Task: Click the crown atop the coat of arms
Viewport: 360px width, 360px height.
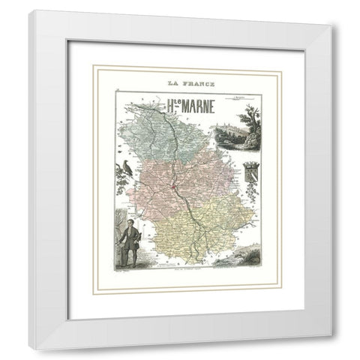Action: [249, 159]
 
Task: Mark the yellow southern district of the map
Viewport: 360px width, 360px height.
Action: [195, 225]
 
